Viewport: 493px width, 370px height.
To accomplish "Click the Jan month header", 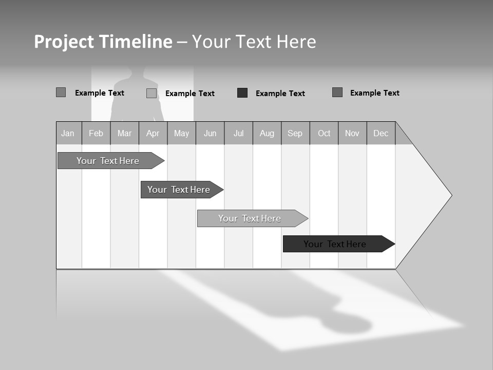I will [68, 133].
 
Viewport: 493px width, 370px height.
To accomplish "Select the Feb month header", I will [96, 133].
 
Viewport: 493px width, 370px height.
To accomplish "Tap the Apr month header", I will [153, 133].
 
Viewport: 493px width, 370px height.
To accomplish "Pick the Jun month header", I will [210, 133].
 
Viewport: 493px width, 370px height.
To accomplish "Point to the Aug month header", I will [267, 133].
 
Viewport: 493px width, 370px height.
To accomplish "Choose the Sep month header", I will [295, 133].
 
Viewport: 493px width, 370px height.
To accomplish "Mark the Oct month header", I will [324, 133].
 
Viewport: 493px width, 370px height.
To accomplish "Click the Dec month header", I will [381, 133].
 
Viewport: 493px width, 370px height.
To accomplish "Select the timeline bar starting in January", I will [108, 161].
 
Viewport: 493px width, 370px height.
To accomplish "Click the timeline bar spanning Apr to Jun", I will [179, 190].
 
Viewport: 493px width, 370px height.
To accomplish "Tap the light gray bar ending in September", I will [250, 218].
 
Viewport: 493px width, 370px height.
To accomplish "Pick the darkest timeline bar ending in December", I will [335, 244].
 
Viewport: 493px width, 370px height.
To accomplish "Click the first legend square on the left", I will [61, 92].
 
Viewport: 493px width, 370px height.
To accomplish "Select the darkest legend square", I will [242, 93].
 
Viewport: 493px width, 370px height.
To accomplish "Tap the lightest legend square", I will [151, 93].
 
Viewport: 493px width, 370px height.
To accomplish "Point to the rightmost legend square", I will [337, 92].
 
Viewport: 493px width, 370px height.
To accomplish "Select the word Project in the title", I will [64, 42].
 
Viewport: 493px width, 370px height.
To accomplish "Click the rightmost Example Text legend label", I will [375, 93].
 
